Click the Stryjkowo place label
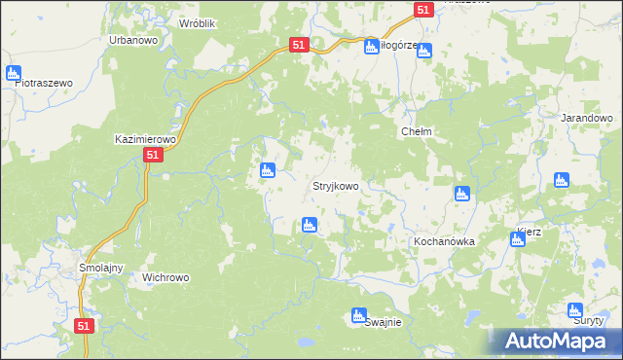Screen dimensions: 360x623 coord(336,186)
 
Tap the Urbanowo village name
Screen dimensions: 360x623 coord(133,41)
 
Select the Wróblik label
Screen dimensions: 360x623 coord(197,21)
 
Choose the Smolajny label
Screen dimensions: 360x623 coord(98,267)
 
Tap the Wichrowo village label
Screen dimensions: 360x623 coord(166,277)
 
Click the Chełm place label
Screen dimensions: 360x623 coord(417,131)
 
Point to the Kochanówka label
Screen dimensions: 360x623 coord(443,241)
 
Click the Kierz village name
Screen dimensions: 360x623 coord(530,232)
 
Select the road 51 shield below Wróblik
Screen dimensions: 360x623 coord(300,45)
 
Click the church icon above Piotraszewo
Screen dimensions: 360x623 coord(14,72)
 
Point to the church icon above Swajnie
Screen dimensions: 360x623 coord(358,314)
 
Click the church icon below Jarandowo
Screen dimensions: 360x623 coord(562,180)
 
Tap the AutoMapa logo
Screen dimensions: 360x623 coord(559,342)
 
